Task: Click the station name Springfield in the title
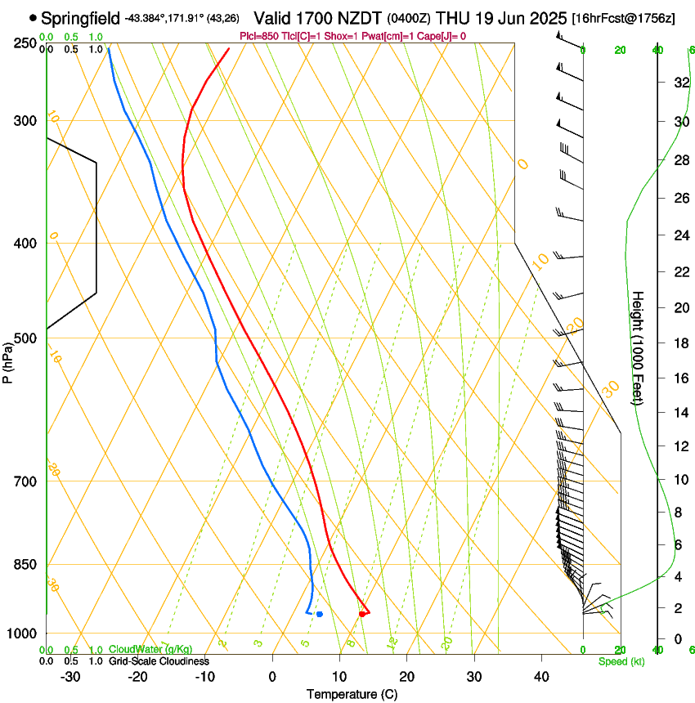pyautogui.click(x=80, y=18)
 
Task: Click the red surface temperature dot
pyautogui.click(x=362, y=614)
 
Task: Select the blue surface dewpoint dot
pyautogui.click(x=320, y=614)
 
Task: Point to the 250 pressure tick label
pyautogui.click(x=26, y=43)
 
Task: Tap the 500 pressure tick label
pyautogui.click(x=26, y=338)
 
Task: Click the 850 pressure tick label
pyautogui.click(x=26, y=565)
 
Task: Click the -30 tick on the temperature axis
pyautogui.click(x=70, y=677)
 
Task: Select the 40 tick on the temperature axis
pyautogui.click(x=540, y=677)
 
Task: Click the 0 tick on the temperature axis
pyautogui.click(x=272, y=677)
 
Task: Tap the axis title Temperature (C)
pyautogui.click(x=352, y=694)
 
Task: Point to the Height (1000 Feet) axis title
pyautogui.click(x=638, y=347)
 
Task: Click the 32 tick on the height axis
pyautogui.click(x=679, y=82)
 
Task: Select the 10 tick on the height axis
pyautogui.click(x=679, y=479)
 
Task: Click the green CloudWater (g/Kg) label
pyautogui.click(x=151, y=649)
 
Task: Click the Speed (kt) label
pyautogui.click(x=621, y=661)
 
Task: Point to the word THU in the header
pyautogui.click(x=451, y=18)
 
